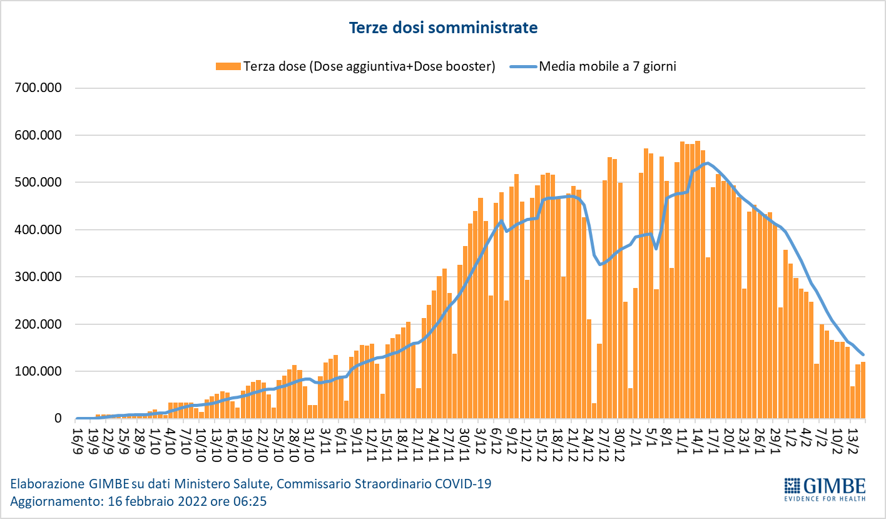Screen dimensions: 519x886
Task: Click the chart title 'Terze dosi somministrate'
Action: (x=443, y=28)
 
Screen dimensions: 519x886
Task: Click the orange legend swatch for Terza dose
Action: (x=228, y=66)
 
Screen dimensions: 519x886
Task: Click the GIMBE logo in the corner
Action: (x=825, y=486)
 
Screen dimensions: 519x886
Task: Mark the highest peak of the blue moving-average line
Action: (x=706, y=163)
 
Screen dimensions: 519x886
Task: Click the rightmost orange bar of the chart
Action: (x=863, y=390)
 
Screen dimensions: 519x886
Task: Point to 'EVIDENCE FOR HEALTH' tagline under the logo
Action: (x=825, y=498)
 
